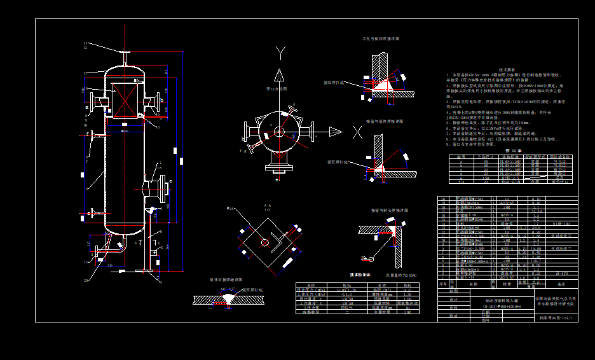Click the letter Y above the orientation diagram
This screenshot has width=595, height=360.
(280, 52)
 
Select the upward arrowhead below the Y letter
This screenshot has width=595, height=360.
(280, 75)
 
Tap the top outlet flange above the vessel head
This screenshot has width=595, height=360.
(125, 53)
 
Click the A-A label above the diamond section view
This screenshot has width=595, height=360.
(267, 205)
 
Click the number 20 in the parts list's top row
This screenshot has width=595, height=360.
(443, 200)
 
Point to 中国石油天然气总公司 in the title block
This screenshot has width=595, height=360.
(555, 298)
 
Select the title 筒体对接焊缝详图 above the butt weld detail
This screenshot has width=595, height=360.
(226, 279)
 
